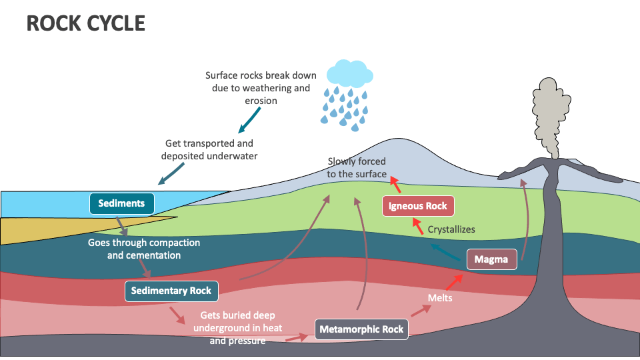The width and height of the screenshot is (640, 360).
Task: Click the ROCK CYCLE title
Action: (x=85, y=23)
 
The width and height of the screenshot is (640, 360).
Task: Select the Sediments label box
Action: (x=121, y=203)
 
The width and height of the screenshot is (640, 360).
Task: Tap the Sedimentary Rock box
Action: (x=171, y=291)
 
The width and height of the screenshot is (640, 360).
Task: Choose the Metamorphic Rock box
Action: (x=361, y=329)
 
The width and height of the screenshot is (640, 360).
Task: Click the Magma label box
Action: (x=491, y=259)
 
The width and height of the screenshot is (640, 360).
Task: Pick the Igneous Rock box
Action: (x=418, y=206)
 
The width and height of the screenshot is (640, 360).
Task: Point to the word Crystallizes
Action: (x=451, y=229)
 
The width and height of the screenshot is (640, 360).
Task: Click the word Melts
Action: (x=440, y=297)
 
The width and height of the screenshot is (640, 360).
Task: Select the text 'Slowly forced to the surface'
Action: (x=357, y=168)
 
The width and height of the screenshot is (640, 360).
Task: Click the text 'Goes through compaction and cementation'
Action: (x=144, y=249)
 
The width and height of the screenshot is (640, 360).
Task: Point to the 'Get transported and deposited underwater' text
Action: (x=209, y=149)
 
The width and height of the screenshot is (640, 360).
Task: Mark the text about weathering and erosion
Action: (x=261, y=88)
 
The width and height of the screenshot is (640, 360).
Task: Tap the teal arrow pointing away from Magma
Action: (x=441, y=251)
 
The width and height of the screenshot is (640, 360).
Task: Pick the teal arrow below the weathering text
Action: (x=249, y=119)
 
